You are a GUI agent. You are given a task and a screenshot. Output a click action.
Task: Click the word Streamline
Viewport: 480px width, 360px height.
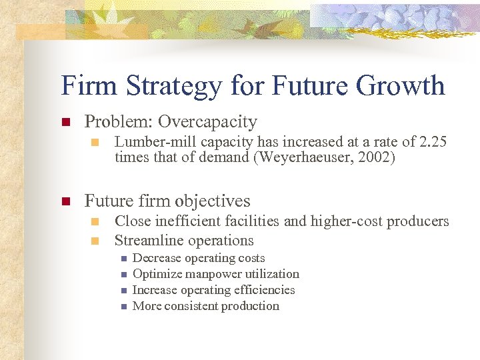pyautogui.click(x=147, y=240)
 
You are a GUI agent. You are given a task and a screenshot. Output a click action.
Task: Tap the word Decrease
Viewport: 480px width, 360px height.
pyautogui.click(x=157, y=258)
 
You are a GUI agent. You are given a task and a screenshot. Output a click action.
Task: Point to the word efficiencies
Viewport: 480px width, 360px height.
pyautogui.click(x=264, y=290)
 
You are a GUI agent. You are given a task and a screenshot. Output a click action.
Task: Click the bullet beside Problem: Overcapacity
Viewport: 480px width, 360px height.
pyautogui.click(x=65, y=123)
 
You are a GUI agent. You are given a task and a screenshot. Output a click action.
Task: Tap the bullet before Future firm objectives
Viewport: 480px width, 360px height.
pyautogui.click(x=65, y=201)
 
